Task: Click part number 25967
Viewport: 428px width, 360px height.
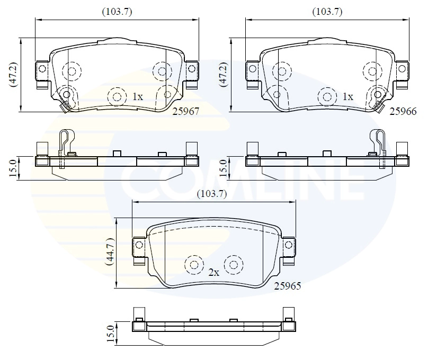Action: (x=185, y=111)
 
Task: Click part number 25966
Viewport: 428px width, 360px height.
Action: (x=403, y=111)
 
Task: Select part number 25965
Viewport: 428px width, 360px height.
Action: (x=288, y=286)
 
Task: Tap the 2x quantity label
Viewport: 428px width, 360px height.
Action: (x=213, y=272)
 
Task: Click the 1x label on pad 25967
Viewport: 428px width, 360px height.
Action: (x=138, y=96)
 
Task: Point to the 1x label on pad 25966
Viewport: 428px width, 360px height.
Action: (x=347, y=96)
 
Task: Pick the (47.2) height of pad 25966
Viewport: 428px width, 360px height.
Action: (x=224, y=75)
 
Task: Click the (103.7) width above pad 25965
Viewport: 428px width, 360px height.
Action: (x=212, y=194)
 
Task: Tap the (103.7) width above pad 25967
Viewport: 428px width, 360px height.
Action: (x=117, y=12)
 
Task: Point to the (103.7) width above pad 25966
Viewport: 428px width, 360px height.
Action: (x=327, y=12)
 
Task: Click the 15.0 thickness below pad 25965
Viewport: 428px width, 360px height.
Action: (x=111, y=334)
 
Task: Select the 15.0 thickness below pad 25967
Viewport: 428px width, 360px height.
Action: (x=13, y=168)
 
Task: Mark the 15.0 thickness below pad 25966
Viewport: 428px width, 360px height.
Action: (x=223, y=168)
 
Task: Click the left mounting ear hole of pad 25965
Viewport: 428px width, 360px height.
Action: (x=139, y=245)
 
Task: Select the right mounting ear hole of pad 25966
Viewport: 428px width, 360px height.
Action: (x=402, y=68)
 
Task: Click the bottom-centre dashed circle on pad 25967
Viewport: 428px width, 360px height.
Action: (x=117, y=97)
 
